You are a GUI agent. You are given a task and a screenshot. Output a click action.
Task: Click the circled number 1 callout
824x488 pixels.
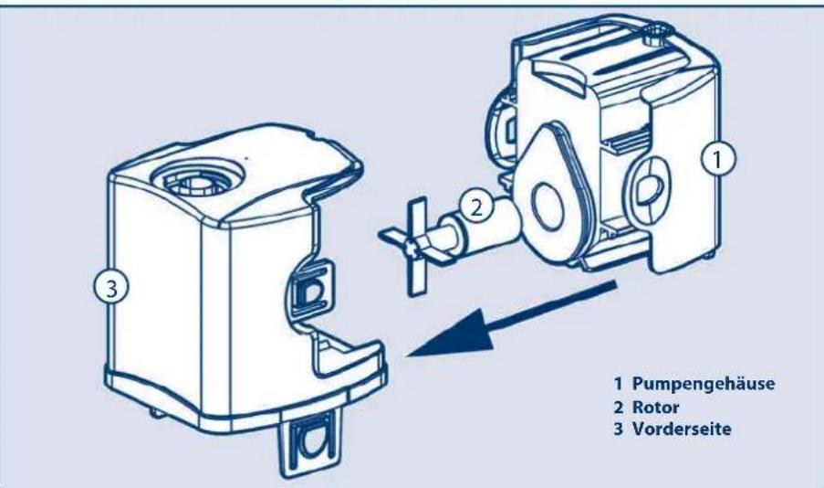point(717,160)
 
